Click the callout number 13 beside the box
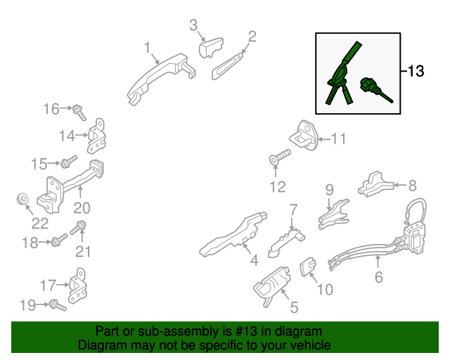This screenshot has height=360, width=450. [416, 71]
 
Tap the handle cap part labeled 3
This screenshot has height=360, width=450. [211, 47]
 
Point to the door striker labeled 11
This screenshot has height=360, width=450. [304, 136]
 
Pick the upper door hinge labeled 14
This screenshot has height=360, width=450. [96, 136]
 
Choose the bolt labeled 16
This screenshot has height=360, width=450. [79, 112]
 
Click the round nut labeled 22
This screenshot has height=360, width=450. [22, 199]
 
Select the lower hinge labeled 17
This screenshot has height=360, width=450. [78, 286]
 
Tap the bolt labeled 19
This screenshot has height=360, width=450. [58, 305]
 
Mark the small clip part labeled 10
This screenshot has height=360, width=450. [308, 266]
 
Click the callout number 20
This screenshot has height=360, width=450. [82, 208]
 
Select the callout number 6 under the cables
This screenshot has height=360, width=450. [379, 277]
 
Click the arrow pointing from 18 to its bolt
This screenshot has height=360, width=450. [44, 242]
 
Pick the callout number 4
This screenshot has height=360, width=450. [255, 260]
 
